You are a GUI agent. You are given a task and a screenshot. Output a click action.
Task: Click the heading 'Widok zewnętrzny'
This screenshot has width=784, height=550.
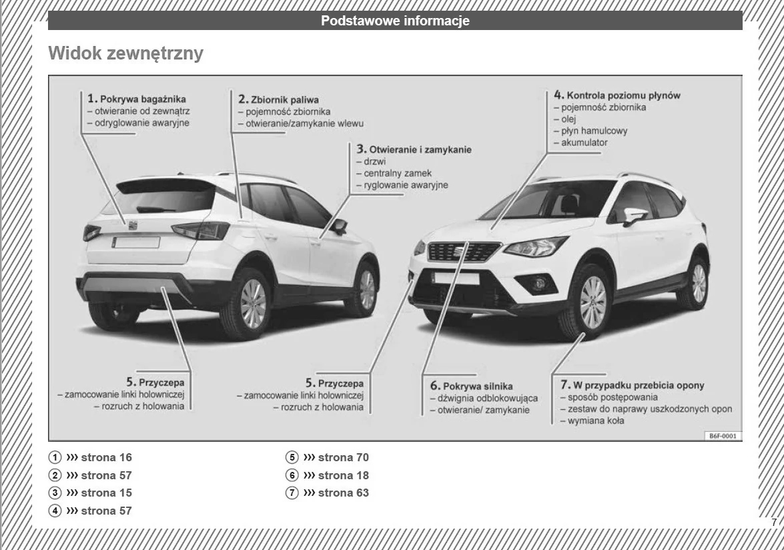125,54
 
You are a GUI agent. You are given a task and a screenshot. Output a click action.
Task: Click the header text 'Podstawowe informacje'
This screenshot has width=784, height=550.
395,21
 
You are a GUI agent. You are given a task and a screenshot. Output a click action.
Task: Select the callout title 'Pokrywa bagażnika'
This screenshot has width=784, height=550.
143,99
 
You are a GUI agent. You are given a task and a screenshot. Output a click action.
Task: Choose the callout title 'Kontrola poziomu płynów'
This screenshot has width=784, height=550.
623,95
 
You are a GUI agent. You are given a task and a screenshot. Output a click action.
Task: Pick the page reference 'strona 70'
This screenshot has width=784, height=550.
343,458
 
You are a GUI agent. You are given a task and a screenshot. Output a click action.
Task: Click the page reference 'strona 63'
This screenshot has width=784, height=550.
343,493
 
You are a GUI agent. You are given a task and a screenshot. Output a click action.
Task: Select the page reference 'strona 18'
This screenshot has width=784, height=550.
343,475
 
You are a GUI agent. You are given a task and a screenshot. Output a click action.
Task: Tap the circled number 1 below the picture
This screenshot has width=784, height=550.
53,458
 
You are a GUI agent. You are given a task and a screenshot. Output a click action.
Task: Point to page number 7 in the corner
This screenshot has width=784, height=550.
773,523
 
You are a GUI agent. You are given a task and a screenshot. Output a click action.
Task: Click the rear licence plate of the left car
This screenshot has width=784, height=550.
136,242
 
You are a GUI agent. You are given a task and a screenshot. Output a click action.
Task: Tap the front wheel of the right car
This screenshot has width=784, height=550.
591,302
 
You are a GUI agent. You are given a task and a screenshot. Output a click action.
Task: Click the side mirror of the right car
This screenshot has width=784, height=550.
634,216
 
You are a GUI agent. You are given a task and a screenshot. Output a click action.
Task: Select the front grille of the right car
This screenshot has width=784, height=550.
463,252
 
